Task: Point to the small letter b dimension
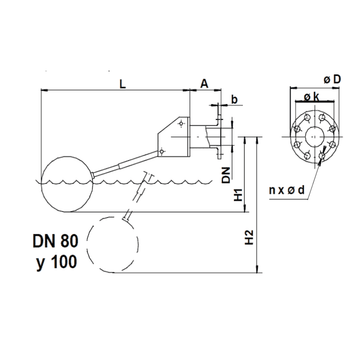point(233,99)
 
